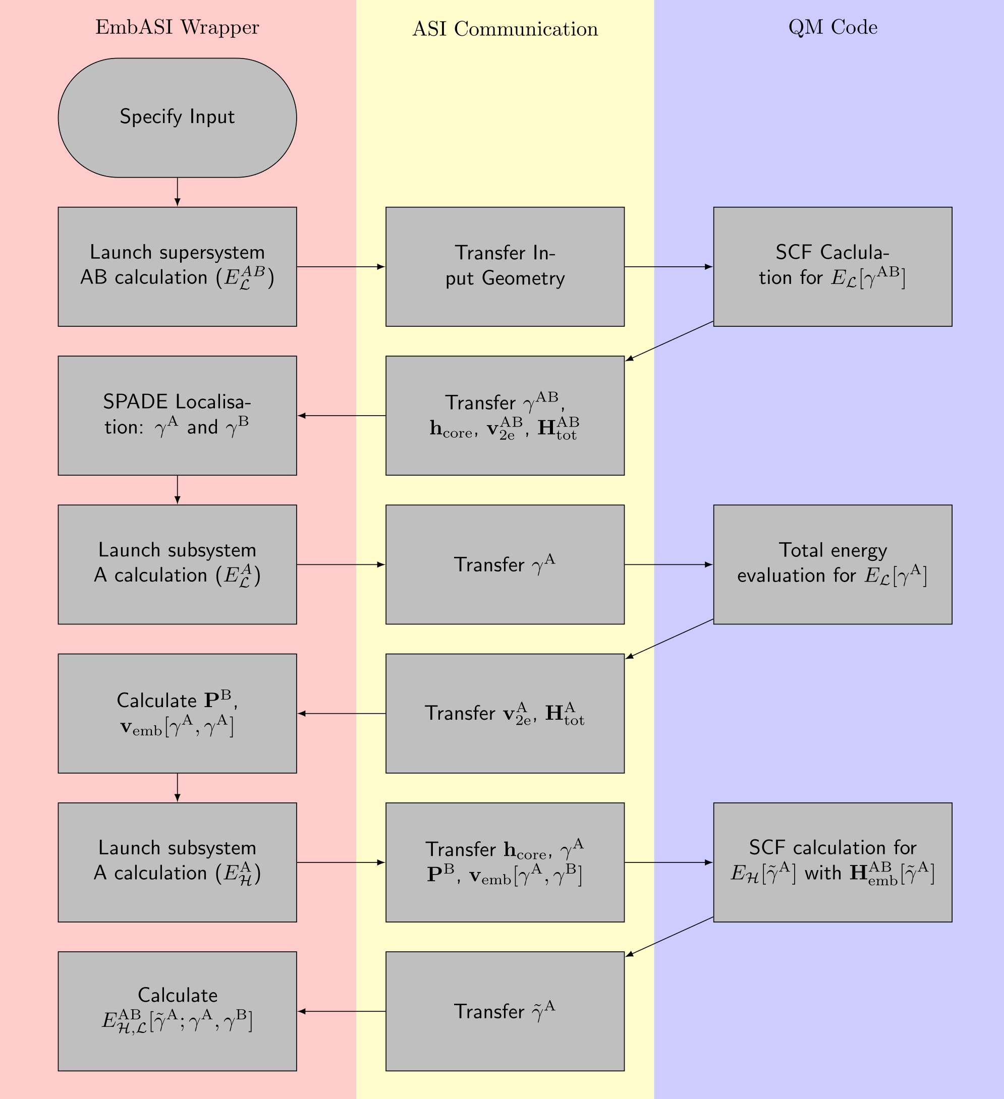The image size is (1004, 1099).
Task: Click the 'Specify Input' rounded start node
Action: click(177, 118)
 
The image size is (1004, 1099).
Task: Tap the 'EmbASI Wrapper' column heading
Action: click(177, 27)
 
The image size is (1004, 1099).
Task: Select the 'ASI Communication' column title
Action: click(505, 29)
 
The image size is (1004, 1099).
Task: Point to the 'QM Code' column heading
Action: click(833, 27)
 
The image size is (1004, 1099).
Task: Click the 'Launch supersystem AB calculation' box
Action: click(177, 267)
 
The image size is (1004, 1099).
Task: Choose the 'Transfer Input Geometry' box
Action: click(505, 267)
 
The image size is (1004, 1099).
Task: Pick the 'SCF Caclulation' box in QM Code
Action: click(833, 267)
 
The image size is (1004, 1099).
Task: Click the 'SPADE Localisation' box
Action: click(177, 416)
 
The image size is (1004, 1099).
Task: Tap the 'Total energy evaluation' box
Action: click(833, 564)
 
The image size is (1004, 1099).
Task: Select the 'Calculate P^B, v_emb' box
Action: click(177, 713)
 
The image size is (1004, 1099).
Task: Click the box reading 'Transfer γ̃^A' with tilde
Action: click(505, 1011)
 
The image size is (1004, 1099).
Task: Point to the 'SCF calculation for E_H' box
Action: click(833, 862)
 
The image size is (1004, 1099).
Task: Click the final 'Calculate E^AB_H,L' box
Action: click(177, 1011)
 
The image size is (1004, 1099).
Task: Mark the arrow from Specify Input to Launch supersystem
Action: click(177, 192)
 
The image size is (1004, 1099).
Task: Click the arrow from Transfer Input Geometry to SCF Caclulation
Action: click(668, 267)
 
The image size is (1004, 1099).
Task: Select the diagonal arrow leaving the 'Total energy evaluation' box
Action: click(669, 639)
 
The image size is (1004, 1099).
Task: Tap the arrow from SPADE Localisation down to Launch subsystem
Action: click(177, 490)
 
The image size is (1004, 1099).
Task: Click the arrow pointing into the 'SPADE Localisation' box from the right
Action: click(342, 416)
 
